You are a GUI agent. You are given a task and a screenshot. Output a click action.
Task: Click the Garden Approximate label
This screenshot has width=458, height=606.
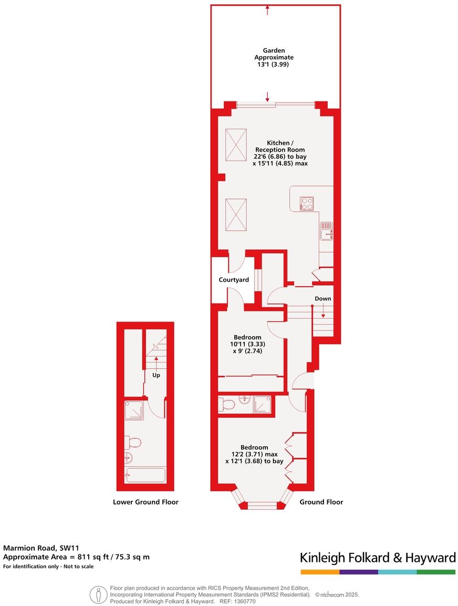274,54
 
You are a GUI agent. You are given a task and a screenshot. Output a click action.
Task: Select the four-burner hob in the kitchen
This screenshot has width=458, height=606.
306,203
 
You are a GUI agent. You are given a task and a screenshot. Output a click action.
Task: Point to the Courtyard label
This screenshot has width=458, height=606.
234,280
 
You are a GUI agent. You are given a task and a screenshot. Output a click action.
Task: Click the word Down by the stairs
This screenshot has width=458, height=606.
322,299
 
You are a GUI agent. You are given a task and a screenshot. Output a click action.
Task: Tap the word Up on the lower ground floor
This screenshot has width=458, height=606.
156,376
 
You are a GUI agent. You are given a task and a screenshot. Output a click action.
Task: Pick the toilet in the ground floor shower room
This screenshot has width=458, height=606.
226,403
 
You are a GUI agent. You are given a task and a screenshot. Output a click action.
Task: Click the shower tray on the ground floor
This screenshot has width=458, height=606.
262,403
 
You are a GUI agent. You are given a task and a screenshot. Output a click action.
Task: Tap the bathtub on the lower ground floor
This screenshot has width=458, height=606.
145,475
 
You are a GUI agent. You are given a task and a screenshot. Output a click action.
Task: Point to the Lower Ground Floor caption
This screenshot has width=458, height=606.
145,502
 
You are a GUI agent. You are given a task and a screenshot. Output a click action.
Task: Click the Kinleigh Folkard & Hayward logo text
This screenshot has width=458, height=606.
377,558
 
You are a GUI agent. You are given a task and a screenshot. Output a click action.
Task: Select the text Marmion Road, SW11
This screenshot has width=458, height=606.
41,547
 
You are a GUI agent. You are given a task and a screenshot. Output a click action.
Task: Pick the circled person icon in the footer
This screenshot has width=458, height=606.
98,595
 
